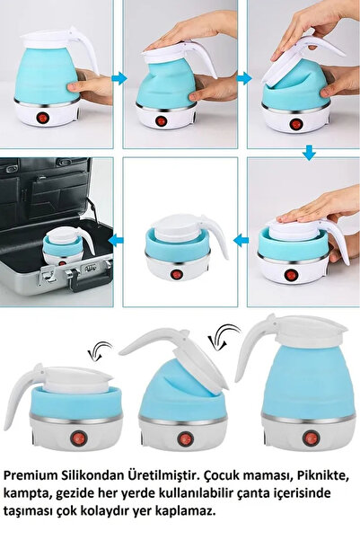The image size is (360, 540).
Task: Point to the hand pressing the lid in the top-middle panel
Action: coord(184,36)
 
